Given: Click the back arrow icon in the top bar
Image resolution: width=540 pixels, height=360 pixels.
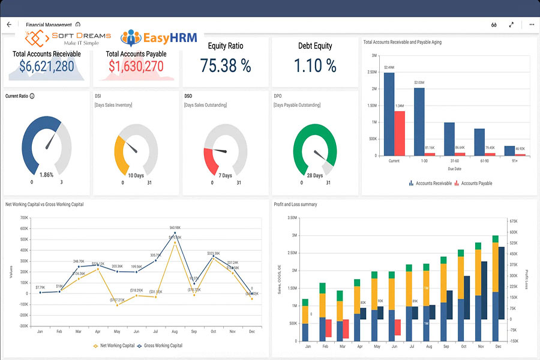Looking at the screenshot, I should click(x=9, y=25).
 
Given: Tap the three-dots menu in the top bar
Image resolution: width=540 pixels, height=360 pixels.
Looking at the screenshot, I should click(x=531, y=25).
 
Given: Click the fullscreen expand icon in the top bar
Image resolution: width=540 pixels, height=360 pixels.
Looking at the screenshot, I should click(x=511, y=25).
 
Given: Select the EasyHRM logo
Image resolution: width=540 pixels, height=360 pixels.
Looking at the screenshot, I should click(x=158, y=38).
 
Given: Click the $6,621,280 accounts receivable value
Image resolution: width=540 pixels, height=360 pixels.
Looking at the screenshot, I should click(x=47, y=66).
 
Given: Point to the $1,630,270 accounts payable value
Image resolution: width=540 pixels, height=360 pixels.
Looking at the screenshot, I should click(x=136, y=66).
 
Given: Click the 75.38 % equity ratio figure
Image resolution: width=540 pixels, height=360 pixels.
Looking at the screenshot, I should click(x=225, y=65).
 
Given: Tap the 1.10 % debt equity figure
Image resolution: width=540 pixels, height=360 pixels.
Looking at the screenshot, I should click(x=315, y=65).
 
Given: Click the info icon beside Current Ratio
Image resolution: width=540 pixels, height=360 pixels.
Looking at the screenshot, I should click(x=32, y=96).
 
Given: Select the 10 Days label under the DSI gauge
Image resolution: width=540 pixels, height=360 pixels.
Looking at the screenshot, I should click(x=136, y=175).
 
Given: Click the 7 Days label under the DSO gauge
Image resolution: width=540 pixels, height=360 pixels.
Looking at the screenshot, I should click(x=225, y=175).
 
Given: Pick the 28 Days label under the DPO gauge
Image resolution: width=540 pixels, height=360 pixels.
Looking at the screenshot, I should click(x=314, y=175).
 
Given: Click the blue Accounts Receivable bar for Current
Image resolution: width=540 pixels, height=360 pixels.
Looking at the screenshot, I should click(x=389, y=114).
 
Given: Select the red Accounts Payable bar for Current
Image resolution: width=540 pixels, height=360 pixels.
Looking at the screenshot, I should click(x=400, y=133).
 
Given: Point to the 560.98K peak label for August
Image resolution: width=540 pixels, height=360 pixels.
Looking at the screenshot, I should click(x=175, y=228).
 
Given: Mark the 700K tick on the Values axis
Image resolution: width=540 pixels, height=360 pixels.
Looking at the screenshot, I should click(x=25, y=218).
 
